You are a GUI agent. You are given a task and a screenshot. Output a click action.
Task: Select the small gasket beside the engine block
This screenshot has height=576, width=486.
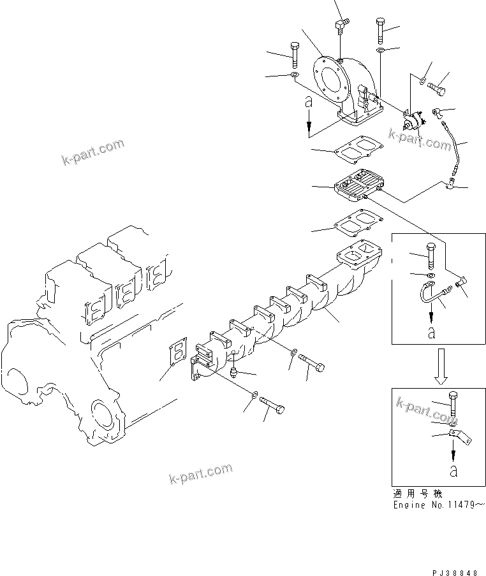coord(175,350)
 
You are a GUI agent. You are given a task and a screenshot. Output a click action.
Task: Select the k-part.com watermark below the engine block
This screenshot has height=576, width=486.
coord(201,473)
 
